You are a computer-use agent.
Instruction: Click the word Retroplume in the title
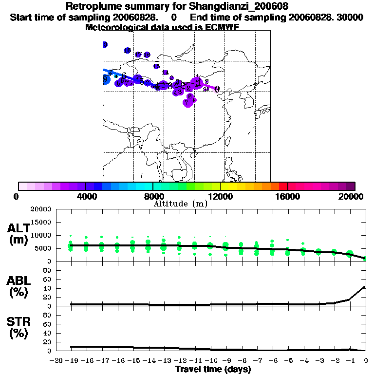coord(91,7)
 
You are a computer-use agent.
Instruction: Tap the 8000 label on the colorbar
coord(153,196)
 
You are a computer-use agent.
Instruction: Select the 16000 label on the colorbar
coord(288,196)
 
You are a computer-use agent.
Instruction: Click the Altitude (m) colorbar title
coord(180,204)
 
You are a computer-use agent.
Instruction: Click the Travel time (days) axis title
coord(213,370)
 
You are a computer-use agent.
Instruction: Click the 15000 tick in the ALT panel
coord(41,222)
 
